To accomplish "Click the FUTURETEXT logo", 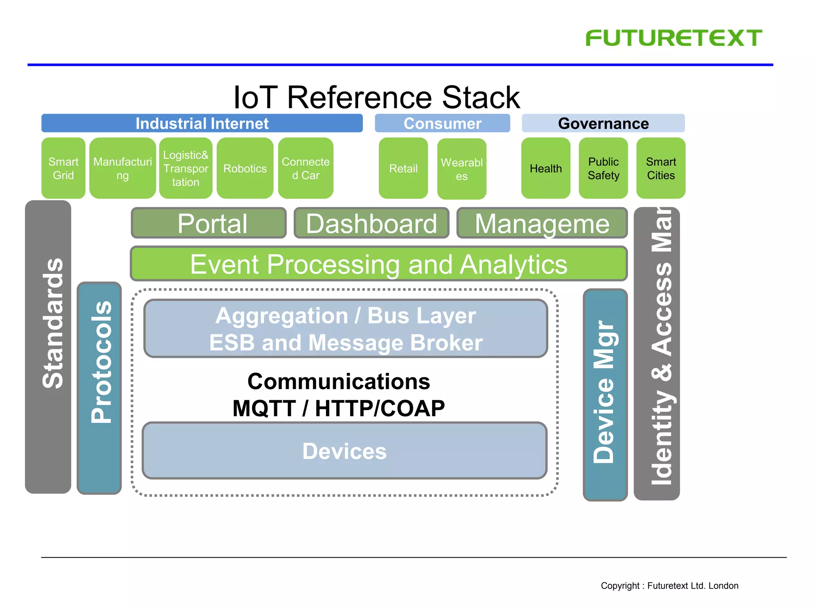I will (674, 38).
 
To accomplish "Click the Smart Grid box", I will (63, 168).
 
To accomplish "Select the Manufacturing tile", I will (122, 168).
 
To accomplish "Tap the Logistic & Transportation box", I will (186, 168).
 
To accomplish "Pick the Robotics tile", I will (245, 168).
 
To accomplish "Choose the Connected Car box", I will (305, 168).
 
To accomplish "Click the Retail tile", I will (403, 168).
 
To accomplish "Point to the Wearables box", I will (461, 169).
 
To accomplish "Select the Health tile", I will (545, 168).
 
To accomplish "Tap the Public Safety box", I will (603, 168).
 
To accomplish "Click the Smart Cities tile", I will (661, 168).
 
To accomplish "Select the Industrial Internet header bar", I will (202, 123).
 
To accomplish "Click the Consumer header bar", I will (442, 123).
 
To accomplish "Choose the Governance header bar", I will (603, 123).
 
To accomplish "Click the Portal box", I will (209, 223).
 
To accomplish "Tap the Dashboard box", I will (371, 223).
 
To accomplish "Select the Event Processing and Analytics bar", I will (378, 264).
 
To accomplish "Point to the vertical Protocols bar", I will (99, 388).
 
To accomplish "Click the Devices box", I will (344, 451).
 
